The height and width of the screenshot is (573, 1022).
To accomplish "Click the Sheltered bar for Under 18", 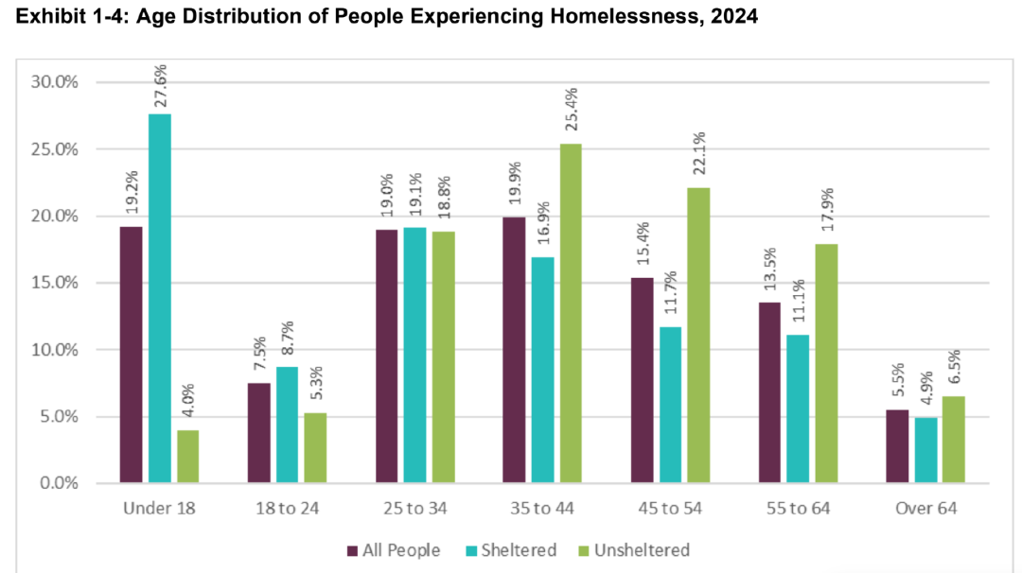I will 159,298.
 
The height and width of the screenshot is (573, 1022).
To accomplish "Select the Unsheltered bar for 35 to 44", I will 570,313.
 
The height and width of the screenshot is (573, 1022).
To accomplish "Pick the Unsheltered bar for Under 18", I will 187,457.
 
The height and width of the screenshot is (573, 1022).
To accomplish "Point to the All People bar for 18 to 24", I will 258,433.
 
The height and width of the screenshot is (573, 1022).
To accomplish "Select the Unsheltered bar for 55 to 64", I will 825,363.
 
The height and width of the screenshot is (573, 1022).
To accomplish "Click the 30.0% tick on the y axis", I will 54,82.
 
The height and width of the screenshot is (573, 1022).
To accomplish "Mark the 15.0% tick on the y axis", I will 54,283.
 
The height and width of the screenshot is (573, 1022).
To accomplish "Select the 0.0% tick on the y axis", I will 58,483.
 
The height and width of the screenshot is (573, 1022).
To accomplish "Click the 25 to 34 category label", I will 414,509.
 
